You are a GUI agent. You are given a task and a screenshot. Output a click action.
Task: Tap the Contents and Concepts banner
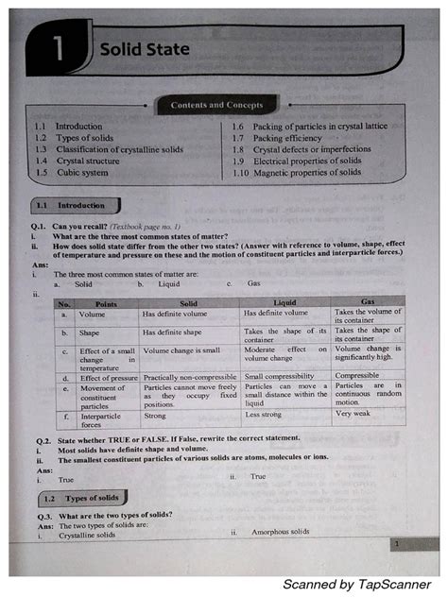[216, 105]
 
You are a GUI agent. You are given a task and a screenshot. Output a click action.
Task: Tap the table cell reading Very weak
[353, 414]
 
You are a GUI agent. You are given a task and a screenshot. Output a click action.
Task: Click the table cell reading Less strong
[264, 415]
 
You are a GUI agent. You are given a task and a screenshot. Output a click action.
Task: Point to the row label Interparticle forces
[100, 419]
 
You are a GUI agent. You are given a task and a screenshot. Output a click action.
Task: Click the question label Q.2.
[43, 440]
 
